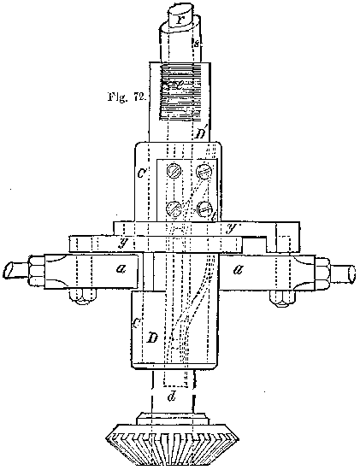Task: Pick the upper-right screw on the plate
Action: pyautogui.click(x=204, y=171)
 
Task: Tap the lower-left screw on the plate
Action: pyautogui.click(x=173, y=206)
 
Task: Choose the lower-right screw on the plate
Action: pyautogui.click(x=204, y=208)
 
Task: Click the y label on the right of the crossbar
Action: pyautogui.click(x=231, y=227)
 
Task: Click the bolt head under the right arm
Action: pyautogui.click(x=280, y=298)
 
